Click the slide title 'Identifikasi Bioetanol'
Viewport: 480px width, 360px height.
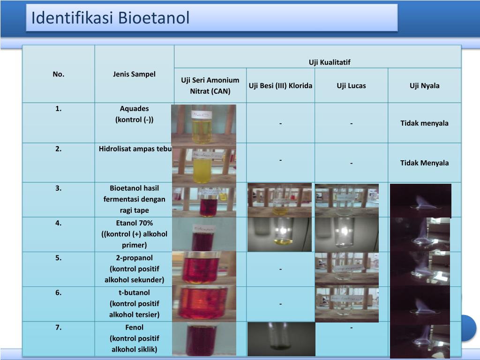click(x=111, y=18)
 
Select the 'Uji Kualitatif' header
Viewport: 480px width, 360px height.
click(x=330, y=62)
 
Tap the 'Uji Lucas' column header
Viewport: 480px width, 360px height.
click(x=351, y=86)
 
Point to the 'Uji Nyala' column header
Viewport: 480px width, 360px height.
click(x=424, y=86)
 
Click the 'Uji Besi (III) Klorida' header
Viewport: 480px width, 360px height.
click(x=280, y=86)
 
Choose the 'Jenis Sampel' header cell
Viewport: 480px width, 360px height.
click(x=134, y=74)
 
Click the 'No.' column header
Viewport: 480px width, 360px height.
click(x=59, y=74)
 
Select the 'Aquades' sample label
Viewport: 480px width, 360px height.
click(x=134, y=109)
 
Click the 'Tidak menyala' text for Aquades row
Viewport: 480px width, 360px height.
click(x=424, y=123)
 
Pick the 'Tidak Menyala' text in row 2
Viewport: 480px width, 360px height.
click(x=424, y=163)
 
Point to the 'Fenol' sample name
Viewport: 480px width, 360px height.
click(x=134, y=327)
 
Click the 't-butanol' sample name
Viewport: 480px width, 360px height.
click(x=134, y=292)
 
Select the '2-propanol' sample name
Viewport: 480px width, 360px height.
click(x=134, y=258)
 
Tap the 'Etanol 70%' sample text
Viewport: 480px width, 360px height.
click(x=134, y=223)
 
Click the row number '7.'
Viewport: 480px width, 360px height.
click(x=59, y=327)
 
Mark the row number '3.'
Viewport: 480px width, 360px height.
click(x=59, y=188)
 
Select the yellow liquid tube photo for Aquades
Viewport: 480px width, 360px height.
click(x=203, y=124)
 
